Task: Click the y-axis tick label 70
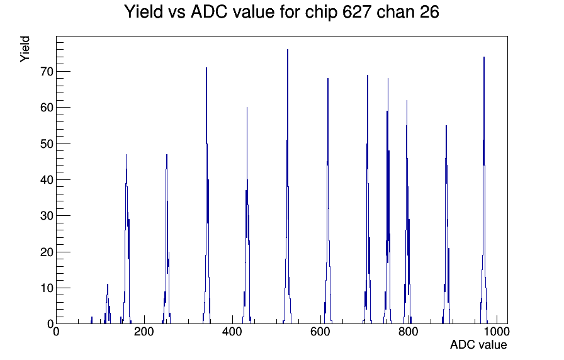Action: tap(47, 72)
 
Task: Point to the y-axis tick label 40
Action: tap(47, 180)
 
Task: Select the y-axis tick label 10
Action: tap(47, 288)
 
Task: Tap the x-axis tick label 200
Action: tap(144, 332)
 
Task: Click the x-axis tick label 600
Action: tap(320, 332)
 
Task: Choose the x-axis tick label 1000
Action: tap(497, 332)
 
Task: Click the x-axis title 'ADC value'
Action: tap(478, 345)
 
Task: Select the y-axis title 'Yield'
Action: tap(25, 49)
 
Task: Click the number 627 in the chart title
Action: tap(357, 12)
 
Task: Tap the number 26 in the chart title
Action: tap(429, 12)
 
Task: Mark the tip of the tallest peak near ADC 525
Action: tap(288, 50)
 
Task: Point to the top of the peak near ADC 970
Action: tap(484, 57)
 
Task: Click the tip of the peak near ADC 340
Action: tap(206, 67)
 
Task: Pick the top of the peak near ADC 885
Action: tap(446, 125)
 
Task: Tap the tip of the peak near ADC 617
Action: tap(328, 79)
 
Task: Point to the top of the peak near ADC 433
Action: tap(247, 107)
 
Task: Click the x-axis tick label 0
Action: tap(56, 332)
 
